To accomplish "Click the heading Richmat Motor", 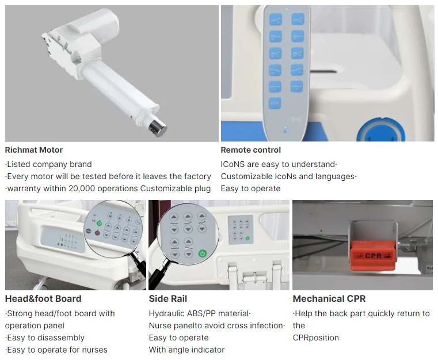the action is coord(34,150).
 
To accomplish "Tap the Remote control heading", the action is coord(250,150).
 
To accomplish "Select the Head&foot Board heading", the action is coord(43,299).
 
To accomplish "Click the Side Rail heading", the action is coord(168,299).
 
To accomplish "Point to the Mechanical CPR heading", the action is coord(329,299).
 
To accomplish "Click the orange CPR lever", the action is coord(373,256).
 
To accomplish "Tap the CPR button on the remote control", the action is coord(275,104).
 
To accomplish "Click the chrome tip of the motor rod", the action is coord(158,127).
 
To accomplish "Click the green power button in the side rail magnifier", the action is coord(203,253).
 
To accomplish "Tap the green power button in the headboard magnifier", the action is coord(99,223).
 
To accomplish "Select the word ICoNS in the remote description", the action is coord(233,164).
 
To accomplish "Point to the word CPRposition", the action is coord(315,338).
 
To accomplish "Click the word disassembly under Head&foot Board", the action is coord(61,338).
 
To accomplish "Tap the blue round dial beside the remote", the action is coord(380,130).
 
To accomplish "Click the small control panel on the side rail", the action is coord(241,230).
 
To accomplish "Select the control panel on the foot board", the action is coord(63,241).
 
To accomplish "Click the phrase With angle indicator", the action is coord(186,350).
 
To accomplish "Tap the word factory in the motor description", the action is coord(197,177).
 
